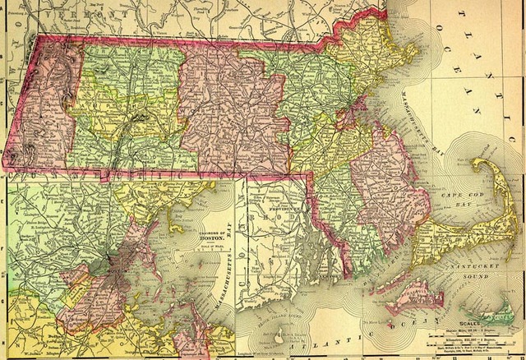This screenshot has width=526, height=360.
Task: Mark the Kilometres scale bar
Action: click(472, 339)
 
